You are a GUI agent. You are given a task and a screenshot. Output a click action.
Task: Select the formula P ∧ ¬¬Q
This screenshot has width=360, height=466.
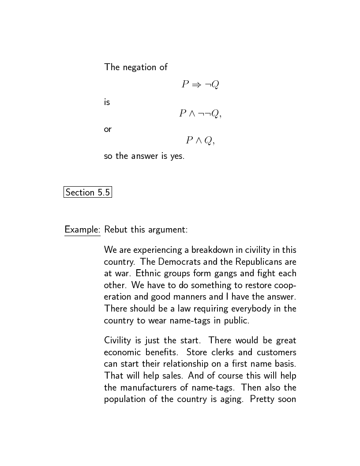[200, 113]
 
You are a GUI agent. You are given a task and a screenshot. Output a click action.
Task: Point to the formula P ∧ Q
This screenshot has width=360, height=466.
[200, 141]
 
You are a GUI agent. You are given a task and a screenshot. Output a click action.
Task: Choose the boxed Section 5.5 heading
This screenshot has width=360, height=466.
[88, 192]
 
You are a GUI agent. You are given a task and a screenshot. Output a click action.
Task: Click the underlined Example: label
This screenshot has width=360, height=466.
[82, 229]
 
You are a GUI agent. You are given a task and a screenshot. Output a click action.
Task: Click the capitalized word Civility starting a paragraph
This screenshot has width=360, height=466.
[117, 341]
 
